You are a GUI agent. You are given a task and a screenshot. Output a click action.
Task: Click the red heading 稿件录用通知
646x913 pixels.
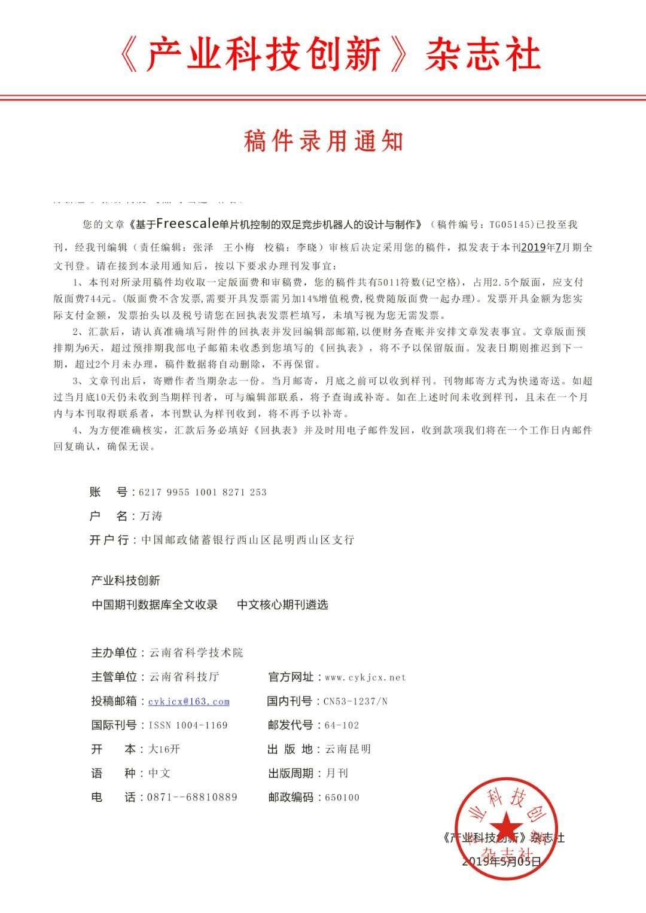pyautogui.click(x=324, y=141)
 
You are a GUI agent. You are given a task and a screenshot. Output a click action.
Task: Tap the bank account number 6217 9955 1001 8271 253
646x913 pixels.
pyautogui.click(x=202, y=492)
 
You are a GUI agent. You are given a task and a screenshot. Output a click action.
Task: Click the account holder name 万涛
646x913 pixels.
pyautogui.click(x=151, y=516)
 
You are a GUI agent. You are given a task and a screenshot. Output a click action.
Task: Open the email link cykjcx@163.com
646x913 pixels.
pyautogui.click(x=189, y=701)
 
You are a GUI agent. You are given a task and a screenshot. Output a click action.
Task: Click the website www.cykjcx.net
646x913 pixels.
pyautogui.click(x=365, y=677)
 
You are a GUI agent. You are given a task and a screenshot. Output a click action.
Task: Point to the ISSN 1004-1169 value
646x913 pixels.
pyautogui.click(x=188, y=725)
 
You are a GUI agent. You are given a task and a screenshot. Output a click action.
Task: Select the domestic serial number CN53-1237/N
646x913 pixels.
pyautogui.click(x=355, y=701)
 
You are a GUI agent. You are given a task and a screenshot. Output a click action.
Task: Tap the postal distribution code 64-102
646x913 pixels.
pyautogui.click(x=342, y=725)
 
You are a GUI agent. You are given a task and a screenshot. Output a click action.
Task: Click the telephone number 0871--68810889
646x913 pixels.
pyautogui.click(x=192, y=797)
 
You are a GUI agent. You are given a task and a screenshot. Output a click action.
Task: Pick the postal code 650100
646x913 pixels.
pyautogui.click(x=342, y=797)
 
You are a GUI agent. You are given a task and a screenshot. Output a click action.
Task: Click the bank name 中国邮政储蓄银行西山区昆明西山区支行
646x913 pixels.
pyautogui.click(x=248, y=540)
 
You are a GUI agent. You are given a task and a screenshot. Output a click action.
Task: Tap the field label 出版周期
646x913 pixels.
pyautogui.click(x=290, y=773)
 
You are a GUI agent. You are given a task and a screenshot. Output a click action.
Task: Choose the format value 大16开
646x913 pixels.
pyautogui.click(x=164, y=749)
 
